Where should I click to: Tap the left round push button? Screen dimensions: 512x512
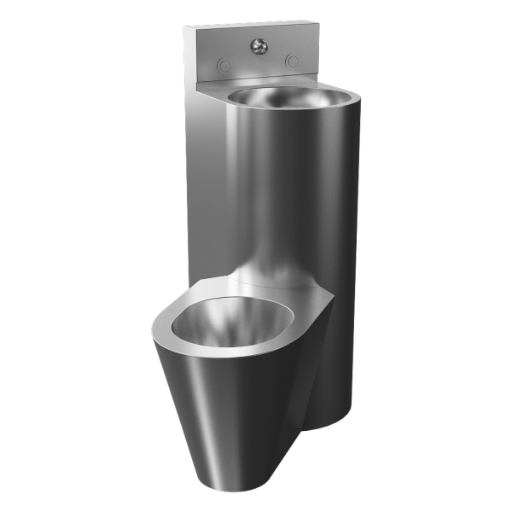[x=224, y=63]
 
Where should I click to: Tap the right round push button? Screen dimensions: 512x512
[x=293, y=61]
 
